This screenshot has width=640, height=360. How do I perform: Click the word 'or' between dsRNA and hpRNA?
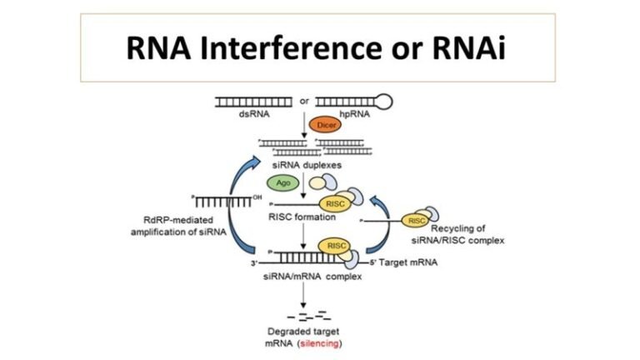305,101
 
